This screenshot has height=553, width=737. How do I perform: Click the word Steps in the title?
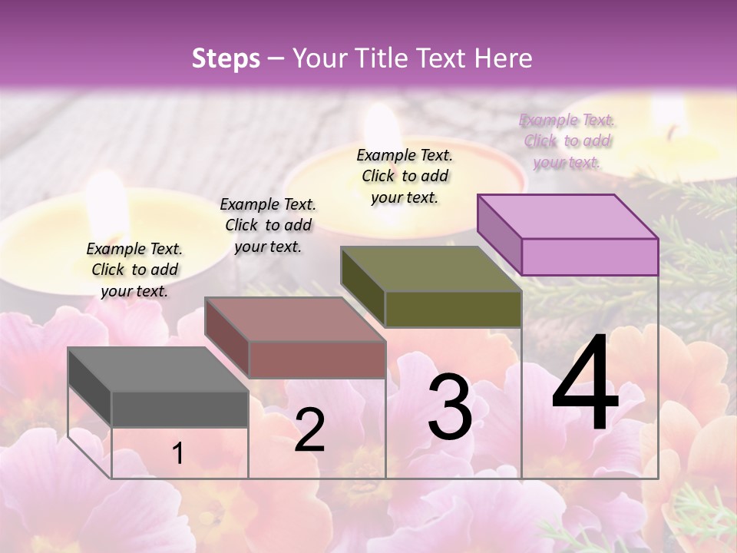tap(226, 58)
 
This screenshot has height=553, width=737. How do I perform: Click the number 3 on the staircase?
tap(450, 407)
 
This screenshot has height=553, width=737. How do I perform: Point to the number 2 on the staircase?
tap(309, 430)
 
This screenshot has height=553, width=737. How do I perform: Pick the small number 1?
tap(178, 454)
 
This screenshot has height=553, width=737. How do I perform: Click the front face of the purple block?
tap(590, 257)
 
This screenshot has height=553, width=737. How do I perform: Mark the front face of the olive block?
tap(453, 309)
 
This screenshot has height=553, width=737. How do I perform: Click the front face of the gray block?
tap(180, 409)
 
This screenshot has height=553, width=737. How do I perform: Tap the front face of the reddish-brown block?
tap(316, 359)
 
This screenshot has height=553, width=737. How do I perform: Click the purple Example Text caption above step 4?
tap(567, 141)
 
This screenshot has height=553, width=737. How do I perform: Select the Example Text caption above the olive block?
tap(405, 176)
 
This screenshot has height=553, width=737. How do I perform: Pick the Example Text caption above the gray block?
tap(135, 270)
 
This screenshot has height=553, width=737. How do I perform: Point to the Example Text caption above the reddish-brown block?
tap(268, 225)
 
